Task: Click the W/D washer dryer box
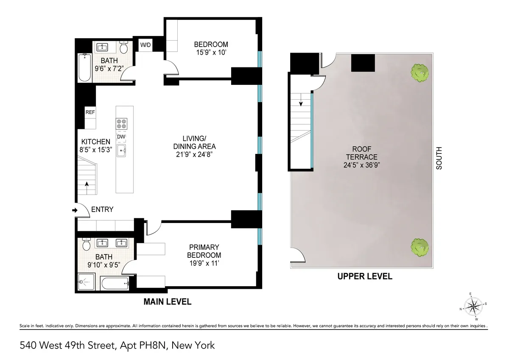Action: [145, 45]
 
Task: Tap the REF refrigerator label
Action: [90, 112]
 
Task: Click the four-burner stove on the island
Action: [121, 123]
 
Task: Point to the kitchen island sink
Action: [121, 150]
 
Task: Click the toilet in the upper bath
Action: [124, 47]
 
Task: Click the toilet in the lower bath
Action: [87, 244]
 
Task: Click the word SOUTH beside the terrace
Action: [439, 158]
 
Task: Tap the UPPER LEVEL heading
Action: [364, 276]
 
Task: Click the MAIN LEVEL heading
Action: [167, 302]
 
